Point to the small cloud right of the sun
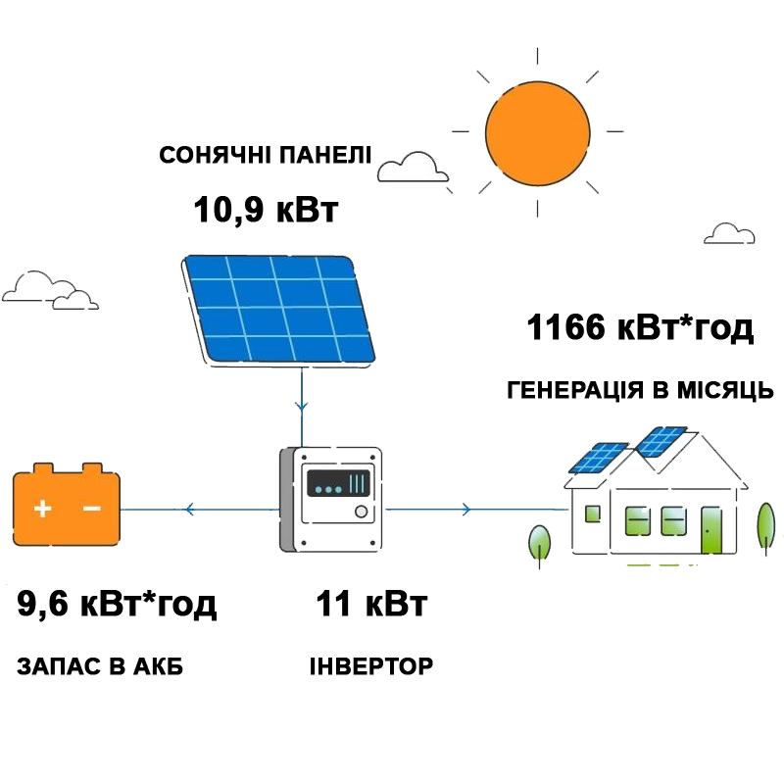tap(729, 233)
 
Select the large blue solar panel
tap(278, 308)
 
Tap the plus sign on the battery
tap(42, 508)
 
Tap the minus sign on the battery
tap(92, 508)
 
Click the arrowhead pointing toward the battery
tap(188, 510)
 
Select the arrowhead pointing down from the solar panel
tap(303, 404)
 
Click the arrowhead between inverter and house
tap(466, 510)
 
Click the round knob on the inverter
tap(361, 512)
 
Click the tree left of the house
tap(539, 542)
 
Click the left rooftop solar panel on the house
tap(600, 457)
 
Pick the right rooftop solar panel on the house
tap(661, 440)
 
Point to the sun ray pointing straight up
tap(537, 62)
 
